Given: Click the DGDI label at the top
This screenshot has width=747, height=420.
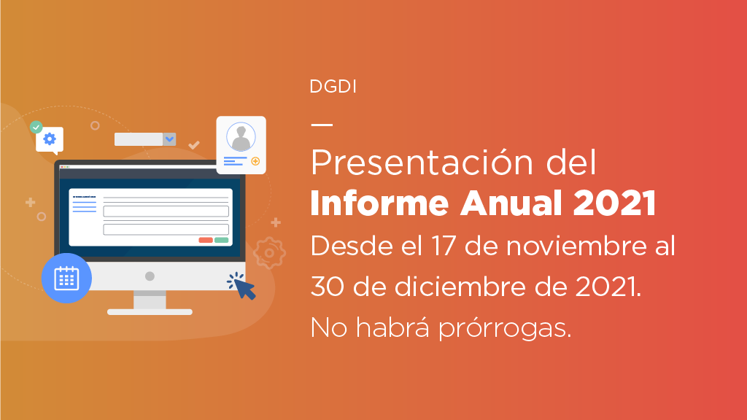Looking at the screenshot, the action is click(333, 86).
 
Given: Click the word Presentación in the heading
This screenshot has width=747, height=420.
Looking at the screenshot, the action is click(422, 163).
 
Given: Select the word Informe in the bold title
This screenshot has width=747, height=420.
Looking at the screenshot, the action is click(379, 203).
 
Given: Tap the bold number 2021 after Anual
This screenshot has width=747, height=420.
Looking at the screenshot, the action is click(614, 203).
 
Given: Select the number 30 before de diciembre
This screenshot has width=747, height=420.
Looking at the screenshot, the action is click(328, 287).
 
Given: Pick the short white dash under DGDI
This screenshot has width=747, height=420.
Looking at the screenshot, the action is click(322, 125).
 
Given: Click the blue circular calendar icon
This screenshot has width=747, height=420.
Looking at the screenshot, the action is click(66, 278).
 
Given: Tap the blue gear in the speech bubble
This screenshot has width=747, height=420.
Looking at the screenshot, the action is click(50, 139).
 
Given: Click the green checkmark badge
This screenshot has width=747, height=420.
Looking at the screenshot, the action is click(36, 127).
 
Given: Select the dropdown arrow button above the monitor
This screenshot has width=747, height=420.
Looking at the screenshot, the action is click(169, 139).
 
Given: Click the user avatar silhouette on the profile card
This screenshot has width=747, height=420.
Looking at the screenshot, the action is click(241, 137).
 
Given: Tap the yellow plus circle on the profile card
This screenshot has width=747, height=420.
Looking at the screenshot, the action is click(255, 161).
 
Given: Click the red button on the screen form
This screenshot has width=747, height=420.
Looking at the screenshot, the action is click(205, 240).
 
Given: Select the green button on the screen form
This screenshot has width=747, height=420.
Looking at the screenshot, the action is click(222, 240).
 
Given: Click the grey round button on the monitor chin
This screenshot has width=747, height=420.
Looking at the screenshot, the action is click(150, 276).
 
